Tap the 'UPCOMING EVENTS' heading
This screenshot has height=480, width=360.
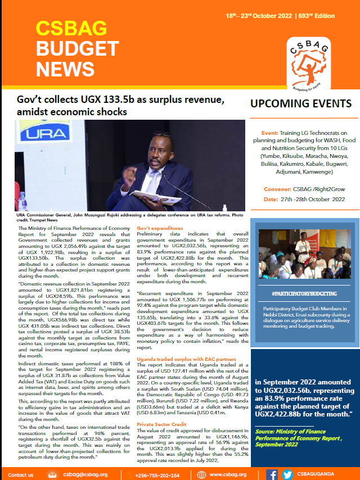[x=301, y=104]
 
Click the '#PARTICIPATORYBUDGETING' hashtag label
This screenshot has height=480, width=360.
[x=296, y=293]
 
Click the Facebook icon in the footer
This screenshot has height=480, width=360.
[x=272, y=474]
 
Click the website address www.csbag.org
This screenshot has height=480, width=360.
[x=228, y=475]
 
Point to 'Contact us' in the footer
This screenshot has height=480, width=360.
[x=21, y=475]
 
